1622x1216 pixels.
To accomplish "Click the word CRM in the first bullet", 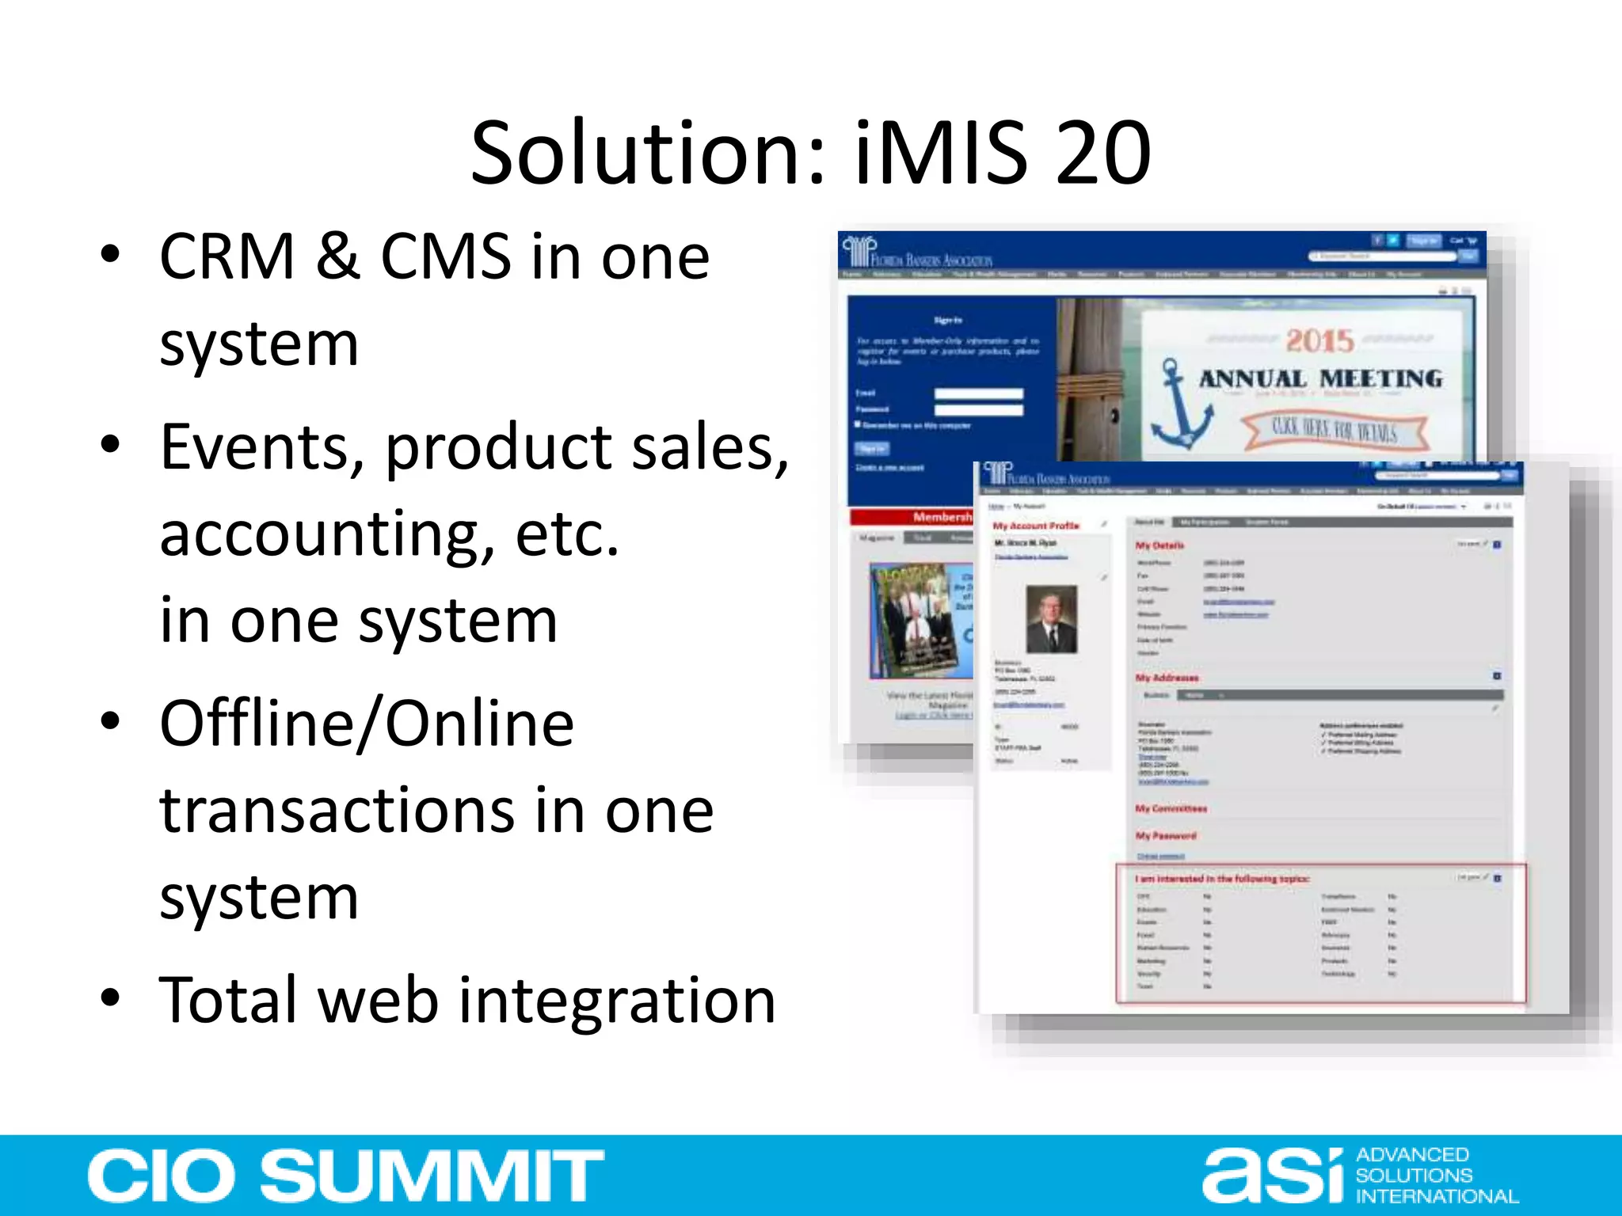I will coord(227,257).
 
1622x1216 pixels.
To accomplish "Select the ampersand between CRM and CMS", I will coord(338,257).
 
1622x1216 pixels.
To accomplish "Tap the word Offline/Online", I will coord(367,724).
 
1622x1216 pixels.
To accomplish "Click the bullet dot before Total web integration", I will coord(111,999).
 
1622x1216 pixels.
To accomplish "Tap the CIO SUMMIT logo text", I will coord(345,1176).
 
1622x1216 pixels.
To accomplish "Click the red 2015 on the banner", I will coord(1319,342).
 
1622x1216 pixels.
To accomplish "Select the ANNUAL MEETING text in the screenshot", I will coord(1320,379).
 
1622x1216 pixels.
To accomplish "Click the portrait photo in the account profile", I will coord(1051,619).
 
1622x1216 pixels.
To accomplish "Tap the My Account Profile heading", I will coord(1036,526).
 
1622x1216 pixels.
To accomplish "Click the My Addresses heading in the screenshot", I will coord(1167,678).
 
